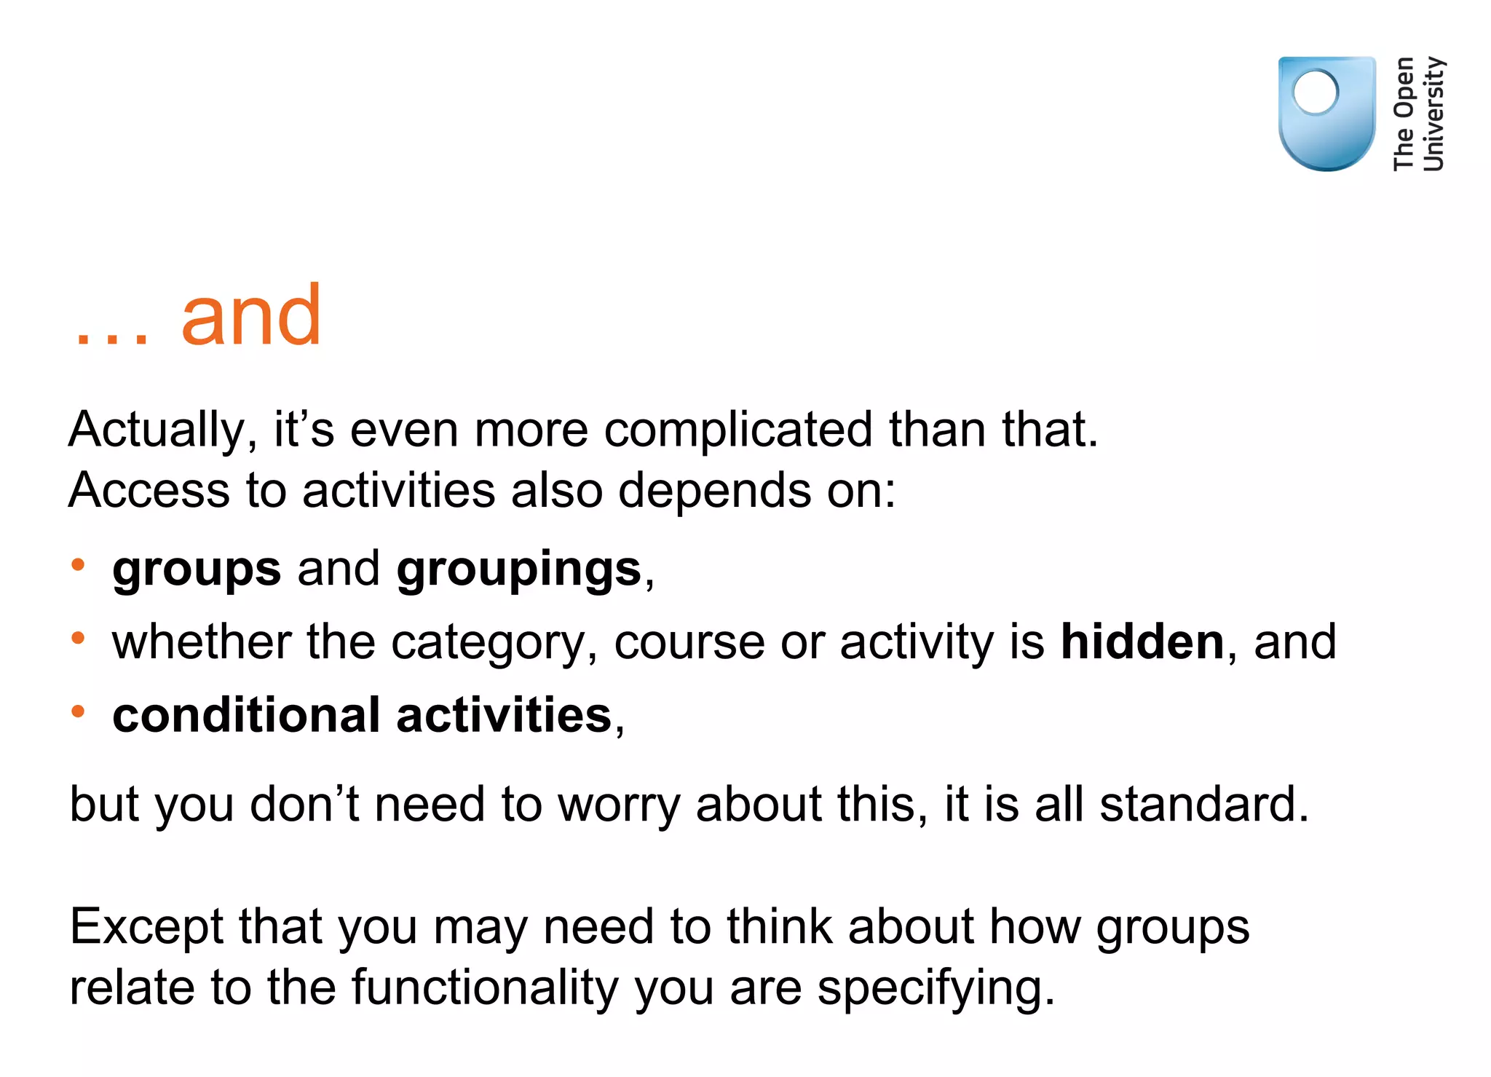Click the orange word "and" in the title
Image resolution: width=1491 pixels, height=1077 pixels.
point(250,316)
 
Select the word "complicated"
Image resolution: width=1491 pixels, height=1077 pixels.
point(737,430)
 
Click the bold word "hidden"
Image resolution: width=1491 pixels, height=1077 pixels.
point(1142,642)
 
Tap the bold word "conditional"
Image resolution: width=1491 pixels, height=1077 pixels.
point(246,715)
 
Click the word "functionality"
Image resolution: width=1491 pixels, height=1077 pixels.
point(484,988)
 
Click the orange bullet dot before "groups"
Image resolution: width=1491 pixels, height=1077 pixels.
point(78,564)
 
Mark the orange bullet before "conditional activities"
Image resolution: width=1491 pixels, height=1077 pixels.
point(78,711)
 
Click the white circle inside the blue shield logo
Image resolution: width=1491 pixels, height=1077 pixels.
point(1316,92)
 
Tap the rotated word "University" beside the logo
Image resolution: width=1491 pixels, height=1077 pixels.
point(1433,113)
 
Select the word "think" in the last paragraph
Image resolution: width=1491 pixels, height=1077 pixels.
point(779,927)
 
